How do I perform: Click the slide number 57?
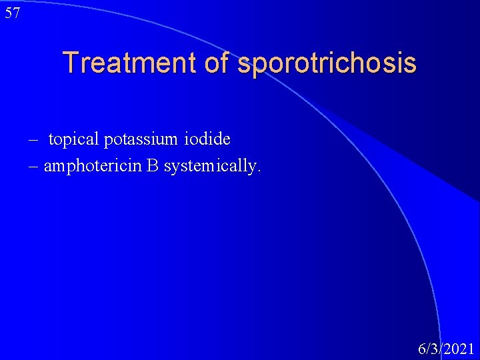pyautogui.click(x=12, y=13)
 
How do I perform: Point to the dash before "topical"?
pyautogui.click(x=33, y=140)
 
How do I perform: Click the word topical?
pyautogui.click(x=74, y=139)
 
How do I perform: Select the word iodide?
pyautogui.click(x=210, y=139)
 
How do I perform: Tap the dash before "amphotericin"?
pyautogui.click(x=34, y=166)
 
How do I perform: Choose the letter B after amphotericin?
pyautogui.click(x=152, y=165)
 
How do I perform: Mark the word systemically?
pyautogui.click(x=210, y=166)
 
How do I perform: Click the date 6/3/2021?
pyautogui.click(x=446, y=348)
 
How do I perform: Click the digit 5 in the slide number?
pyautogui.click(x=8, y=13)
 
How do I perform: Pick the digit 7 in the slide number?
pyautogui.click(x=16, y=13)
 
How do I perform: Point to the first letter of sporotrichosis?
pyautogui.click(x=243, y=65)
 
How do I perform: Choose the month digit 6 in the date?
pyautogui.click(x=421, y=348)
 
